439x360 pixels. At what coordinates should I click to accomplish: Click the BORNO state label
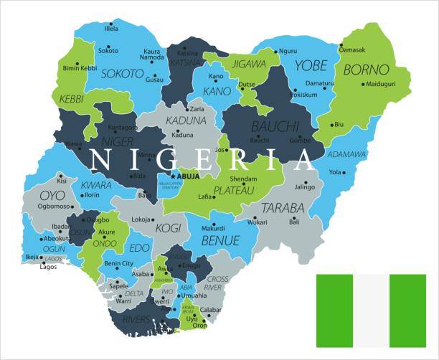coord(366,70)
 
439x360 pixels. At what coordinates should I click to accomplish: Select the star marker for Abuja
coord(173,175)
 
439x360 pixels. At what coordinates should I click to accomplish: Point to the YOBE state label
coord(310,67)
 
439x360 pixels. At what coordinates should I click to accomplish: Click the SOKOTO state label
coord(122,73)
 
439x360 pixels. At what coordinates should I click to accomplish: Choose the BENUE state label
coord(219,240)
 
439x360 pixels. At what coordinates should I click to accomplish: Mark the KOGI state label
coord(169,228)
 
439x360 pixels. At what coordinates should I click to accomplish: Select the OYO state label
coord(51,195)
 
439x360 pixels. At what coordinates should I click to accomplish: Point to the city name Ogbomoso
coord(55,205)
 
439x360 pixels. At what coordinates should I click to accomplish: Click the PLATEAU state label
coord(235,190)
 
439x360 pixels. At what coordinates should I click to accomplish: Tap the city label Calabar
coord(211,310)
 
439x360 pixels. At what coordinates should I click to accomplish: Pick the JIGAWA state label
coord(247,64)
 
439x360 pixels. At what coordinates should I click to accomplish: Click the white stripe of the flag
coord(371,310)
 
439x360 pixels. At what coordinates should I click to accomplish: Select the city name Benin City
coord(118,264)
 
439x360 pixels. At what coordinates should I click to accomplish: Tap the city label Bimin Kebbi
coord(80,67)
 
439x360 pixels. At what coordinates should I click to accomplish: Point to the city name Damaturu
coord(320,83)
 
